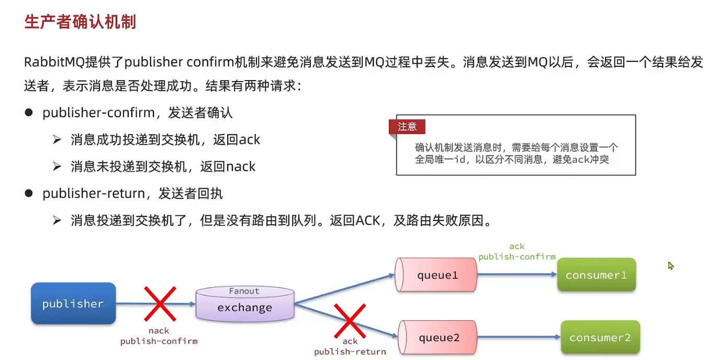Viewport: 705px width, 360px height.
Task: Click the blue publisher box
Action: tap(73, 303)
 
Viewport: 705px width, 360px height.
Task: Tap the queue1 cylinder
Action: tap(437, 275)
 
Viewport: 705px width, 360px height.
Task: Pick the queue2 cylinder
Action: tap(438, 338)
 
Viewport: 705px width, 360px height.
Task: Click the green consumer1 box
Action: tap(596, 275)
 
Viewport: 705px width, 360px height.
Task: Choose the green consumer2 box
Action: tap(600, 338)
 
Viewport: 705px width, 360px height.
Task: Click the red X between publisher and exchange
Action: tap(160, 303)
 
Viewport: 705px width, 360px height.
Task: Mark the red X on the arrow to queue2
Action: tap(350, 321)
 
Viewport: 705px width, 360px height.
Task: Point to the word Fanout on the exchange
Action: tap(244, 291)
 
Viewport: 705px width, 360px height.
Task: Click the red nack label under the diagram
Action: tap(159, 331)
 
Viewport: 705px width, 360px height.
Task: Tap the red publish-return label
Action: tap(350, 352)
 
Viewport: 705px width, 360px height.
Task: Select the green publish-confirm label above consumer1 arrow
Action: tap(517, 256)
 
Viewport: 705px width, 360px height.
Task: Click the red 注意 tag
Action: tap(407, 127)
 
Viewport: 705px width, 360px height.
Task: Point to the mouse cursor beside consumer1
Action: tap(670, 265)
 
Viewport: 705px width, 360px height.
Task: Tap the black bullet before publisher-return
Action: tap(29, 193)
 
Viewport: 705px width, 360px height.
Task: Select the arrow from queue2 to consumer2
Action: tap(518, 338)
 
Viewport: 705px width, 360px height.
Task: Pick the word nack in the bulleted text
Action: tap(241, 167)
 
